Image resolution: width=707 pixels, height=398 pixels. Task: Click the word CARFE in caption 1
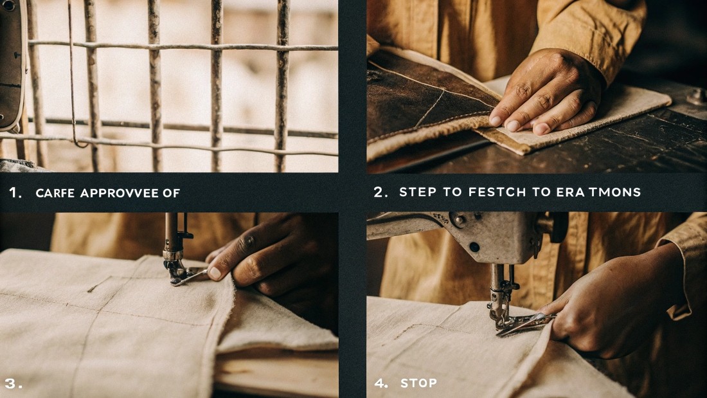point(55,193)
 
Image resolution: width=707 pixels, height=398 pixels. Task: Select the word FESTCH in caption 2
point(474,192)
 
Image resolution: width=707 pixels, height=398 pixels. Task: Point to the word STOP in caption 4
point(418,383)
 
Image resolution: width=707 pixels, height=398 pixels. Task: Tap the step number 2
point(380,192)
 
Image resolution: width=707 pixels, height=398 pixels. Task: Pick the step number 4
point(381,383)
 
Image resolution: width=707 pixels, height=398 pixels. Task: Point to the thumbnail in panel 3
point(215,273)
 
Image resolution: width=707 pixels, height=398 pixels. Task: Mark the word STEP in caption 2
point(417,192)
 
